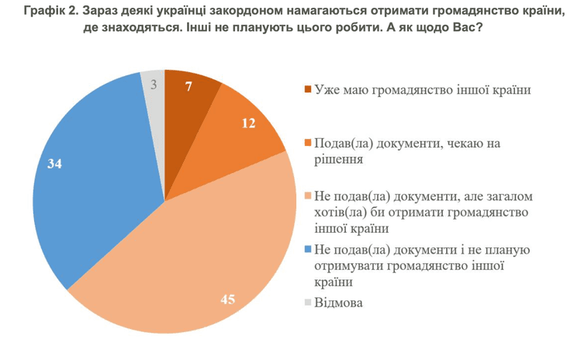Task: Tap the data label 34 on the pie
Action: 54,164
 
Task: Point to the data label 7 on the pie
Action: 188,85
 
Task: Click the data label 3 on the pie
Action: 154,85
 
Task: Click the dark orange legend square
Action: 308,89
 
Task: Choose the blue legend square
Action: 308,249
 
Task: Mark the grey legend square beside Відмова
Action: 308,303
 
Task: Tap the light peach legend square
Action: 308,196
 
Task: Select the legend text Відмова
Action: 338,303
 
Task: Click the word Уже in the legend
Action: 327,89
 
